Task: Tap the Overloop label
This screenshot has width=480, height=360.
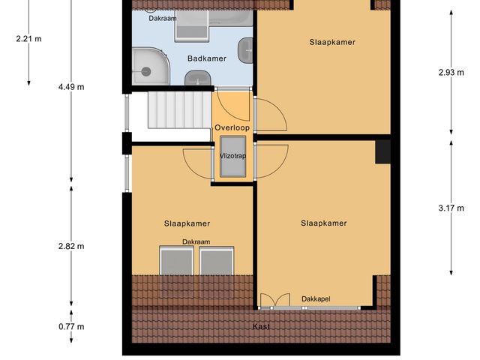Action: [231, 127]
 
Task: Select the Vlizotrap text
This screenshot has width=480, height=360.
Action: [232, 156]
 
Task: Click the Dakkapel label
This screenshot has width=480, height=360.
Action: [316, 299]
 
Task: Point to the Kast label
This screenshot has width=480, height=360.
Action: [261, 326]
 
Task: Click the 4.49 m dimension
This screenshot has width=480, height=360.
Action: [71, 87]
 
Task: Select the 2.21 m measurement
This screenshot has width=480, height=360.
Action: [28, 38]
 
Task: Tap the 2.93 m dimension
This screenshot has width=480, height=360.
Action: [451, 73]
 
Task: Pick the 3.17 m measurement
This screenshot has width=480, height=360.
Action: [451, 208]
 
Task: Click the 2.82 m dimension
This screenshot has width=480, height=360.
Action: [71, 246]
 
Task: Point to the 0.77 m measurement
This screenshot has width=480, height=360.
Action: [71, 326]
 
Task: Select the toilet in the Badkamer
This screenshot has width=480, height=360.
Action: [196, 77]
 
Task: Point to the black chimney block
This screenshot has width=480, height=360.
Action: [383, 151]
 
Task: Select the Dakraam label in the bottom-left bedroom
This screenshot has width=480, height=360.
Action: [196, 241]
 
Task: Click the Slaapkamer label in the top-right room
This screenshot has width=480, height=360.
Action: [332, 42]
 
